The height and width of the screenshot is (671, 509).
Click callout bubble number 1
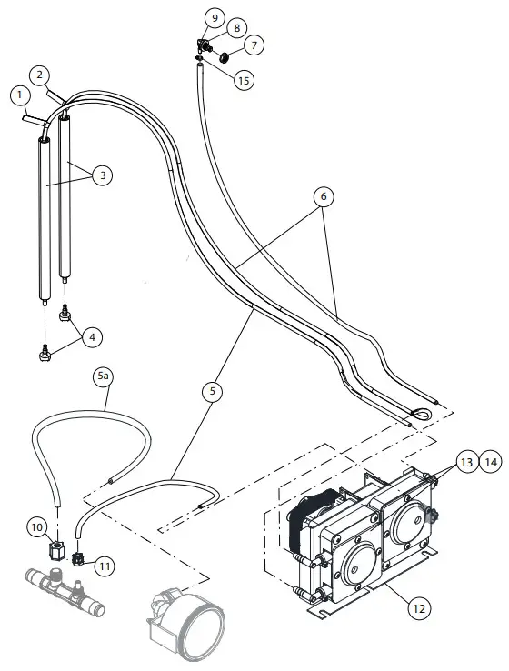coord(19,95)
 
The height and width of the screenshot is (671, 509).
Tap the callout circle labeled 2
coord(41,74)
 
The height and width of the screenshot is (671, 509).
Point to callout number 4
coord(91,336)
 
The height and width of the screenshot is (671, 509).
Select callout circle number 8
coord(214,18)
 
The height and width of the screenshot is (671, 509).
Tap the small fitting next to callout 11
coord(79,558)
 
